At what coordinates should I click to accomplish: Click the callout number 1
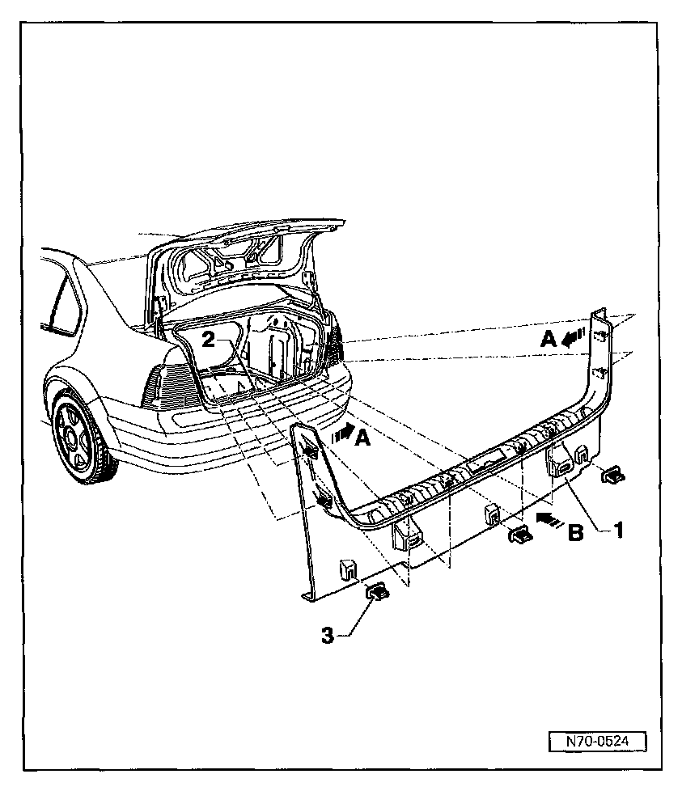pos(618,531)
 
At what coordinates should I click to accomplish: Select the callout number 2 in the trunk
pos(208,341)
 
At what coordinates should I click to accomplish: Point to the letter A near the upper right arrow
pos(548,341)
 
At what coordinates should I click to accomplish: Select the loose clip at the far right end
pos(612,475)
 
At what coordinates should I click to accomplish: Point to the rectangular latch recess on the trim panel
pos(485,463)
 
